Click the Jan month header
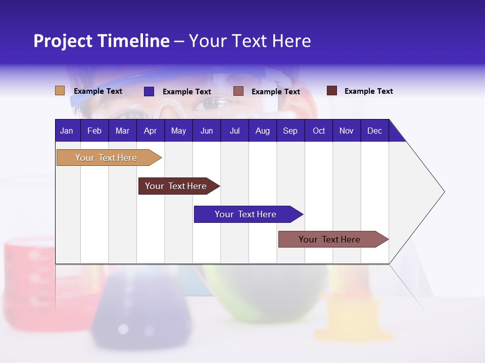click(x=67, y=131)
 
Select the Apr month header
click(x=150, y=131)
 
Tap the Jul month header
click(x=234, y=131)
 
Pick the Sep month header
click(x=290, y=131)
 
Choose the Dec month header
click(x=374, y=131)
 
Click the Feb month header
click(x=94, y=131)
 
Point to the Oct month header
click(x=319, y=131)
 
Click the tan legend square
click(x=60, y=91)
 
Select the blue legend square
click(x=149, y=91)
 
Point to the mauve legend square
click(x=238, y=91)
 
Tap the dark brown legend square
click(x=331, y=91)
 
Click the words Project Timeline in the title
click(x=102, y=41)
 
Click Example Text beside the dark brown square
click(x=368, y=91)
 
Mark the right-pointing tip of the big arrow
click(x=443, y=192)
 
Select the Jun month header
click(x=206, y=131)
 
